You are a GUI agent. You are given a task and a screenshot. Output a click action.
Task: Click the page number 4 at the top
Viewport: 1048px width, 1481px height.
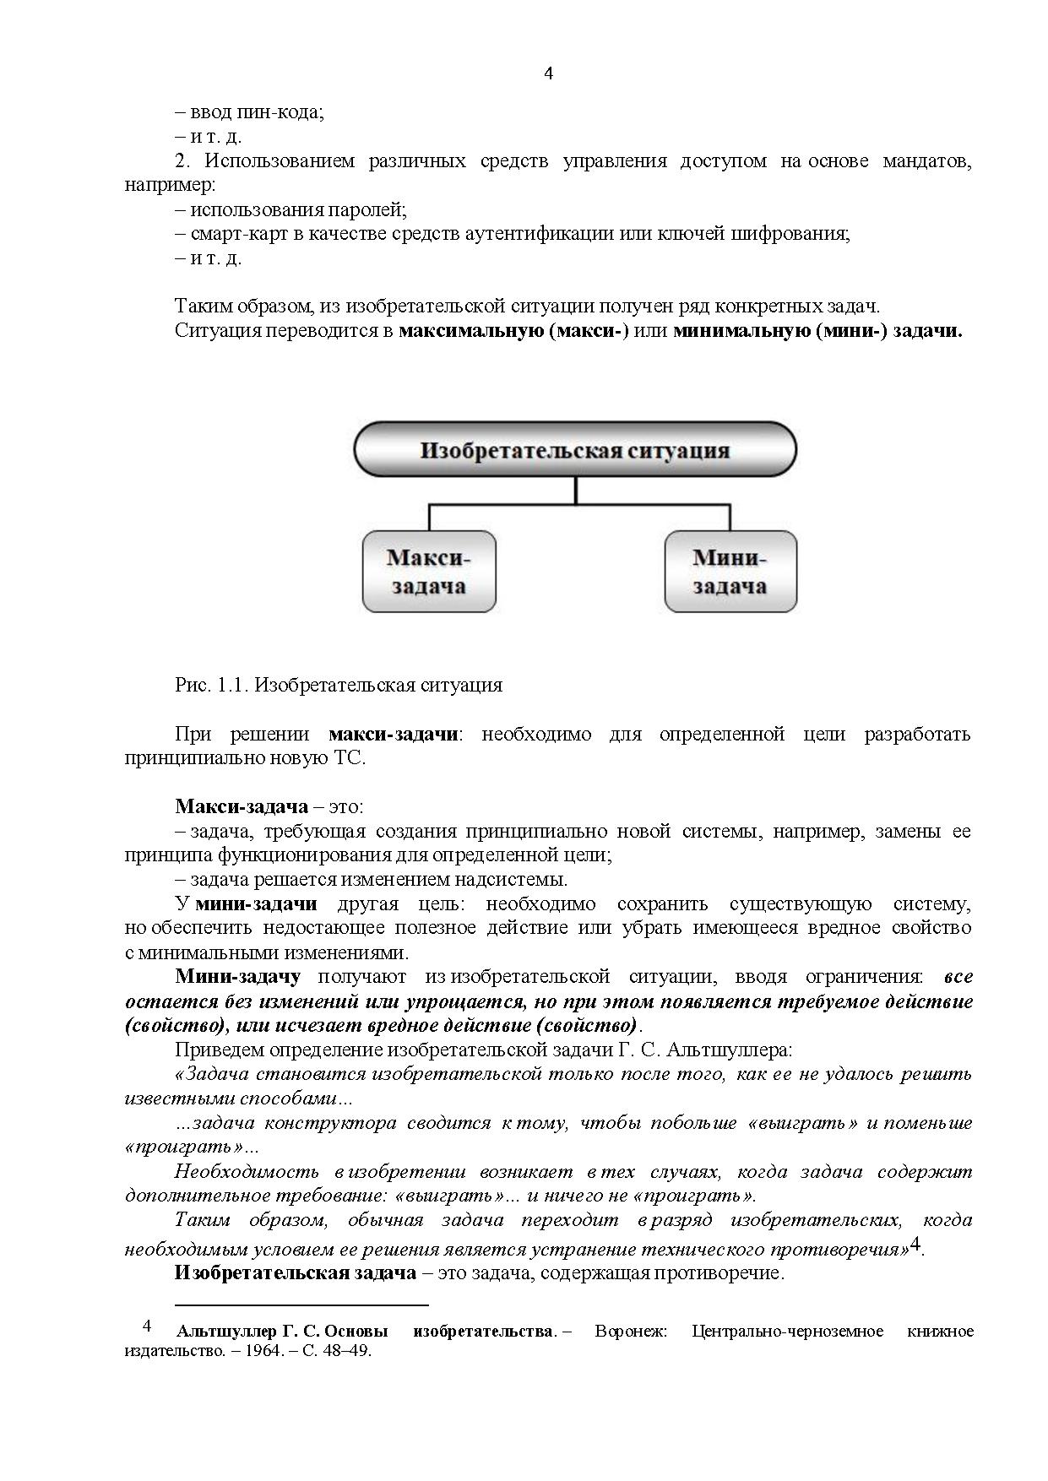(548, 73)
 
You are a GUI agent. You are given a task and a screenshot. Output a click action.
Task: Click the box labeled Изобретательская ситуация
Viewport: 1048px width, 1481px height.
(574, 450)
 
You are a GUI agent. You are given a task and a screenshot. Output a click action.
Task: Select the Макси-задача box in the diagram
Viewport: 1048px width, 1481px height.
(428, 572)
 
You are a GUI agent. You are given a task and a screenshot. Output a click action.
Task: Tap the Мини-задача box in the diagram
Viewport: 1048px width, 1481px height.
(730, 572)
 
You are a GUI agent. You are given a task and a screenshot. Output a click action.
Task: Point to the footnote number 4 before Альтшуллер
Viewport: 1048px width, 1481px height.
(147, 1326)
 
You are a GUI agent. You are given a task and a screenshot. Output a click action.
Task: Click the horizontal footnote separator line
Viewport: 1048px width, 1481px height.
(301, 1305)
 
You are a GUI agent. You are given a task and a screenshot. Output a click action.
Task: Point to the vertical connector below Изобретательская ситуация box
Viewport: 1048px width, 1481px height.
(576, 491)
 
